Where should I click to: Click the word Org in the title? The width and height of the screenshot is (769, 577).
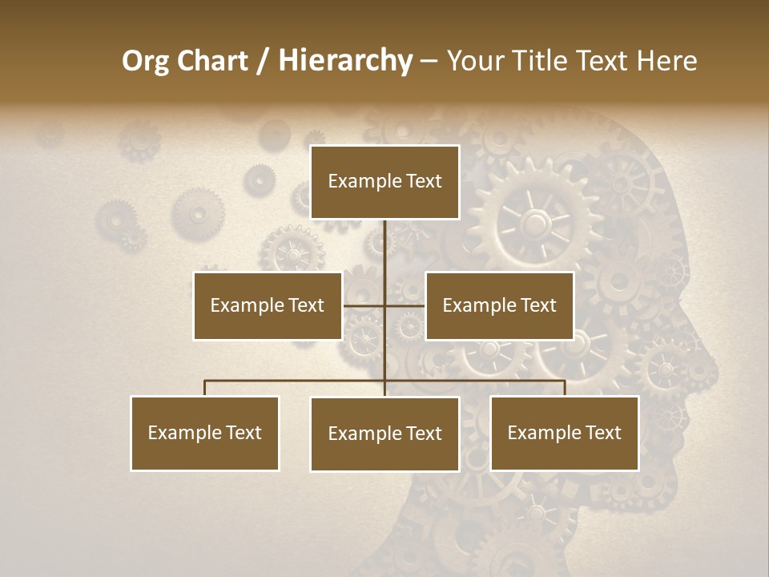[146, 61]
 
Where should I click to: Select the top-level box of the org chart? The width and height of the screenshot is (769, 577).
[384, 182]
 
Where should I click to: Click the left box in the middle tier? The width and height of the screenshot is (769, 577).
[268, 305]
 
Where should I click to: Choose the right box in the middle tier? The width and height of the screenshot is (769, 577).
[499, 305]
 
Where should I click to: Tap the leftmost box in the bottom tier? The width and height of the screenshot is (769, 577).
[205, 433]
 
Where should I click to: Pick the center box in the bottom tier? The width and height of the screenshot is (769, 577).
[384, 434]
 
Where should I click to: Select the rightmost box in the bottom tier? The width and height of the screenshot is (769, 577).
[565, 433]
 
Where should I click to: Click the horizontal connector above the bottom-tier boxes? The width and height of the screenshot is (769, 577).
[296, 381]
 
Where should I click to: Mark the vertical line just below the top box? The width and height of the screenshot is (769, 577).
[385, 240]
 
